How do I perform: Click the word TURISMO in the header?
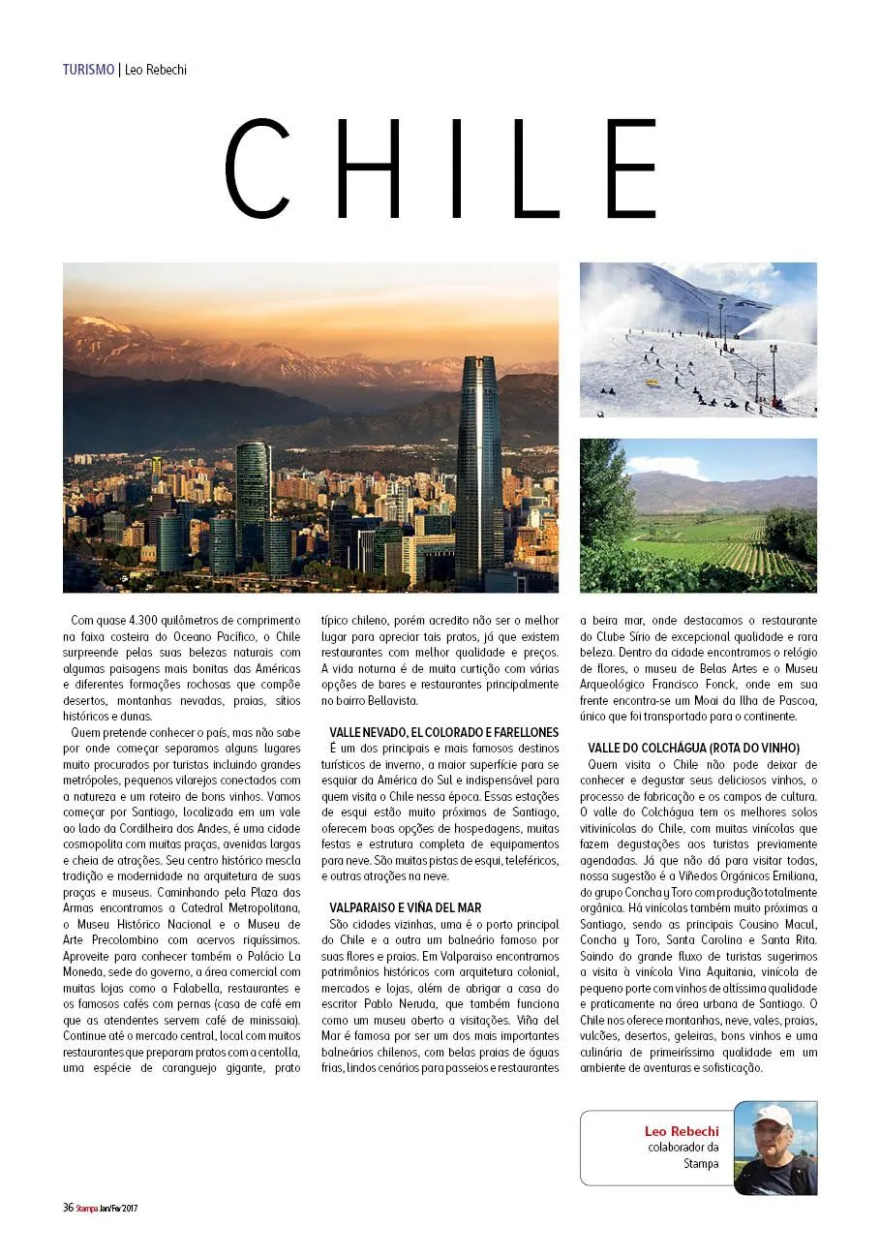click(x=88, y=70)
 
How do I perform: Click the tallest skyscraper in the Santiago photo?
click(x=478, y=465)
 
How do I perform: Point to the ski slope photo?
click(x=698, y=340)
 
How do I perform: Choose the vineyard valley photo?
click(x=698, y=515)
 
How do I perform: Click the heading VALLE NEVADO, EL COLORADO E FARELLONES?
click(x=444, y=733)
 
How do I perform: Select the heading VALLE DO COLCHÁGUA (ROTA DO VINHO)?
click(x=693, y=749)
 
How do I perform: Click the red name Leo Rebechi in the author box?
click(x=682, y=1131)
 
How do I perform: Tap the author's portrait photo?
click(x=774, y=1149)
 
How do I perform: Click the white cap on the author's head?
click(x=772, y=1115)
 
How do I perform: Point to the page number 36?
click(x=68, y=1208)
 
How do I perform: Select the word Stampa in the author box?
click(x=701, y=1163)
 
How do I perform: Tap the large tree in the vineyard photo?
click(x=606, y=494)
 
